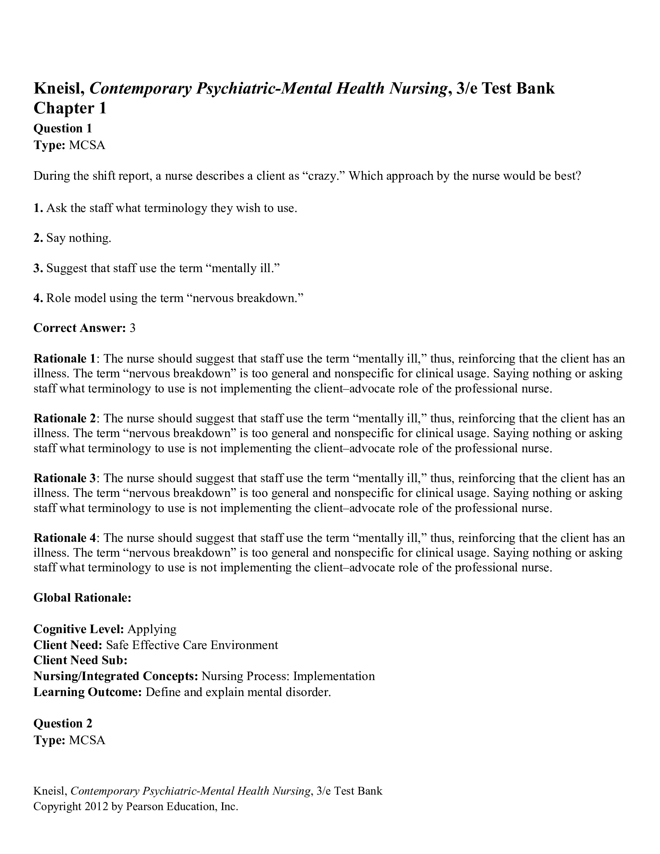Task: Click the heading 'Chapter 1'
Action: pyautogui.click(x=70, y=108)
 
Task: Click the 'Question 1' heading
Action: pyautogui.click(x=63, y=128)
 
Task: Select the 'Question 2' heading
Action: pyautogui.click(x=63, y=724)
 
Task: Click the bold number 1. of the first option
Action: pyautogui.click(x=38, y=208)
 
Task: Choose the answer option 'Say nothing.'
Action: pyautogui.click(x=78, y=238)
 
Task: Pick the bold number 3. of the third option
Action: pyautogui.click(x=38, y=268)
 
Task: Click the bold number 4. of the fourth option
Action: pyautogui.click(x=38, y=298)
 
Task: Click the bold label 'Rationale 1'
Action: pyautogui.click(x=64, y=359)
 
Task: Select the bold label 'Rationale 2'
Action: pyautogui.click(x=64, y=418)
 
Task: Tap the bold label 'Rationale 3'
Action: pyautogui.click(x=64, y=478)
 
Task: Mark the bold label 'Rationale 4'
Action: pyautogui.click(x=64, y=538)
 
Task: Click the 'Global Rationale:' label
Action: pyautogui.click(x=82, y=598)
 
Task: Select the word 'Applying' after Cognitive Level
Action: pyautogui.click(x=152, y=629)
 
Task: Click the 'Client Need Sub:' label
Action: pyautogui.click(x=80, y=660)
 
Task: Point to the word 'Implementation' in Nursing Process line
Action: pyautogui.click(x=334, y=676)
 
